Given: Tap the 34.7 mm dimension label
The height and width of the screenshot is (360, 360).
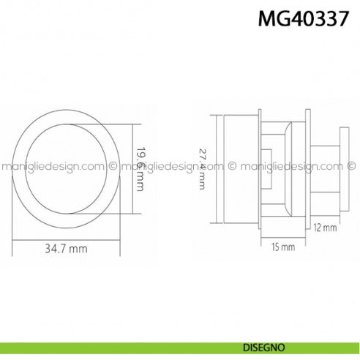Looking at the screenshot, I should click(66, 249).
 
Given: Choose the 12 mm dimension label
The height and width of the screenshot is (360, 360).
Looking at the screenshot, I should click(326, 228).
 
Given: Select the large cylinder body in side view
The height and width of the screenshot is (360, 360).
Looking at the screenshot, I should click(240, 168).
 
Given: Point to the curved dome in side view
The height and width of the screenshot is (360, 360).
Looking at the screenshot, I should click(289, 168).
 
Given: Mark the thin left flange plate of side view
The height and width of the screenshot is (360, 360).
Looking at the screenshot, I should click(258, 168).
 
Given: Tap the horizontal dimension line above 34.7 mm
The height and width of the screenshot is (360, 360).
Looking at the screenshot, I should click(66, 239).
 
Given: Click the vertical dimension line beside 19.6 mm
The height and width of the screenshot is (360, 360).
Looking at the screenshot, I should click(133, 169).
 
